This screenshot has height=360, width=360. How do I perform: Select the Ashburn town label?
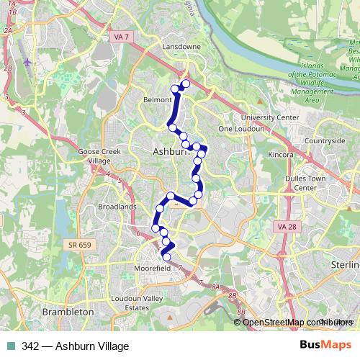[171, 152]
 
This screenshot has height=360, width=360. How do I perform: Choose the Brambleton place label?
[68, 312]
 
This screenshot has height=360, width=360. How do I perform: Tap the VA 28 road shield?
[287, 227]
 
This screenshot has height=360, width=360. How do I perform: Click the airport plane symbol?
[27, 61]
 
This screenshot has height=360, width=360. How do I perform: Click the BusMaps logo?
[325, 346]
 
